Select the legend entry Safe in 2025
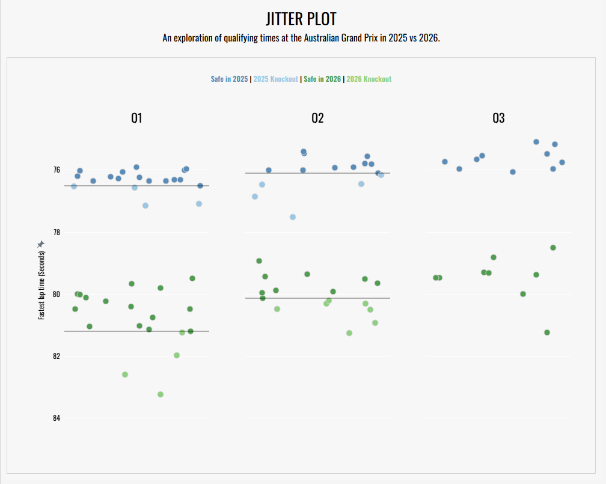pos(229,79)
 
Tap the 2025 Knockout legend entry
pos(276,79)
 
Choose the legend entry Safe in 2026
pos(322,79)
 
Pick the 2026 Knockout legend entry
pos(369,79)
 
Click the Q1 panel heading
pos(137,118)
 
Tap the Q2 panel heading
pos(317,118)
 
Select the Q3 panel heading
pos(498,118)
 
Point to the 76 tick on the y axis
pos(57,170)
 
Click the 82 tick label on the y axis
pos(57,357)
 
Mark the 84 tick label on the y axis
pos(57,418)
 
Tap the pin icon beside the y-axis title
pos(41,244)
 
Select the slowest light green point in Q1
pos(161,394)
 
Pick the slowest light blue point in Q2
pos(293,217)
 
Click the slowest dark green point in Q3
pos(547,332)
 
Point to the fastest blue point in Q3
pos(536,142)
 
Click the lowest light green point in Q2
pos(349,333)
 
